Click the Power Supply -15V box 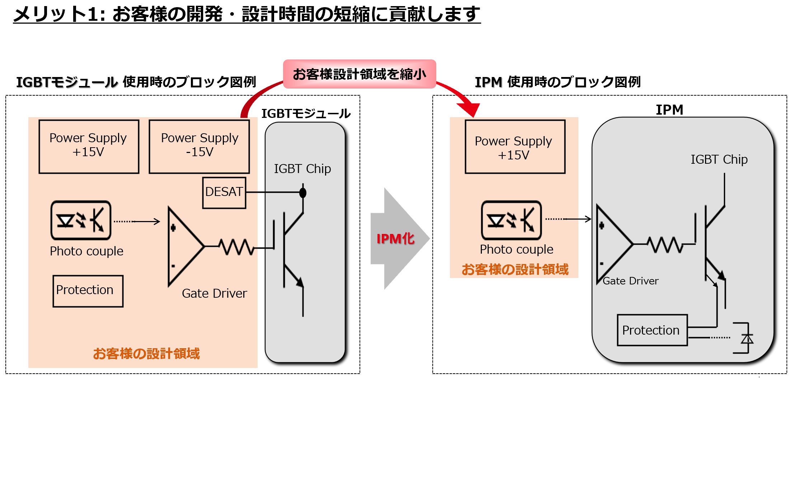click(x=199, y=147)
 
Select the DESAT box click(x=224, y=193)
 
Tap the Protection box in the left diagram click(x=88, y=291)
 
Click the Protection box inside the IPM click(x=652, y=330)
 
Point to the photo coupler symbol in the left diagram click(x=81, y=220)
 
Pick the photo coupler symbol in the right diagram click(x=511, y=220)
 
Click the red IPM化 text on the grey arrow click(x=395, y=239)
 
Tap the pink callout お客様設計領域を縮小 click(x=360, y=74)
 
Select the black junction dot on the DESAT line click(x=303, y=193)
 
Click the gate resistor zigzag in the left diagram click(x=237, y=247)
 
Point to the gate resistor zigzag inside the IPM click(x=666, y=245)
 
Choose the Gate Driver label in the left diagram click(x=214, y=293)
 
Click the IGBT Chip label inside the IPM click(x=719, y=159)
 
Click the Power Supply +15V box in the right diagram click(x=515, y=147)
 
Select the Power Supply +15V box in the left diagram click(x=89, y=147)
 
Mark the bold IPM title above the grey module click(x=670, y=110)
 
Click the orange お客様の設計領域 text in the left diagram click(x=146, y=354)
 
